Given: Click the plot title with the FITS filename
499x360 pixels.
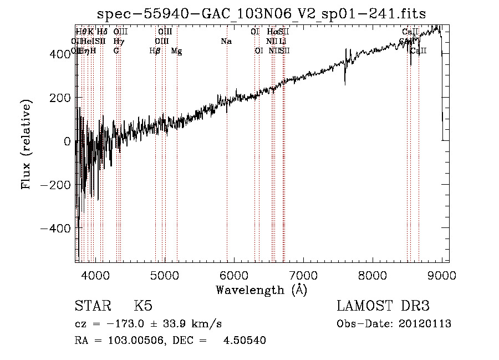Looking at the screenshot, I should click(261, 14).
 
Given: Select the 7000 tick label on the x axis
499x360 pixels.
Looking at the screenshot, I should click(303, 275).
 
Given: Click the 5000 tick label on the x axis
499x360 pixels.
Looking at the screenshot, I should click(165, 275).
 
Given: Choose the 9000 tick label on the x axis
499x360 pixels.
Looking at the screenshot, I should click(441, 275).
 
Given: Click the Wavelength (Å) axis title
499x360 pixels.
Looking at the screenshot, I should click(261, 290).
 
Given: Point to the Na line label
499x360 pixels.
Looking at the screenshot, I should click(226, 42).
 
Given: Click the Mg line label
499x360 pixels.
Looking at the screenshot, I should click(176, 51).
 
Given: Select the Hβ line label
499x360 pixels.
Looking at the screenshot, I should click(155, 51).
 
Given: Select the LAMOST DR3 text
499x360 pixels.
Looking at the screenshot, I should click(383, 306).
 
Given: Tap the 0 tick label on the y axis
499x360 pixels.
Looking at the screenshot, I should click(68, 141).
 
